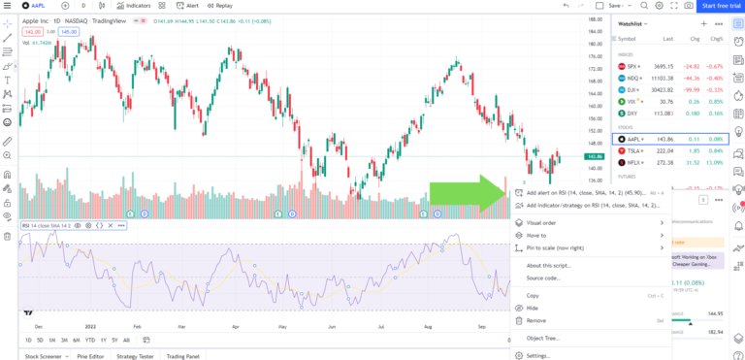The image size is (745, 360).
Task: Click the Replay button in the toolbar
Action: (x=220, y=6)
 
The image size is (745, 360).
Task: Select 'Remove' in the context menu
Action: (x=535, y=319)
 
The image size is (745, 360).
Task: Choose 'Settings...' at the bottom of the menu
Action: (x=537, y=355)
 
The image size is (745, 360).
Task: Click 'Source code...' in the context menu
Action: (x=543, y=278)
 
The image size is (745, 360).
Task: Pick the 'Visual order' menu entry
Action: (x=541, y=222)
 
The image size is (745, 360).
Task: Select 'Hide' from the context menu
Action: (x=532, y=307)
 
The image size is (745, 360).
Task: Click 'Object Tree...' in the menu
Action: (x=542, y=338)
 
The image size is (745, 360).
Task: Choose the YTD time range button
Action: (x=89, y=340)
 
